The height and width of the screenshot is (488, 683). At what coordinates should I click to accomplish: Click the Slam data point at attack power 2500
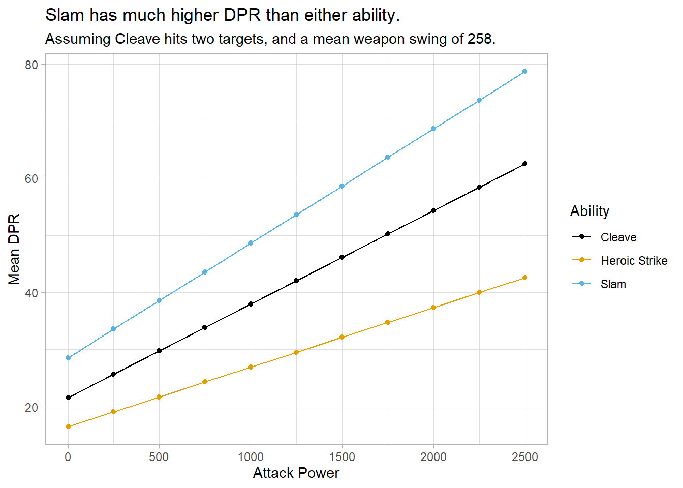[x=524, y=71]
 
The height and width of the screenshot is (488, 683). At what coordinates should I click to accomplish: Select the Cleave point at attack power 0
[x=68, y=398]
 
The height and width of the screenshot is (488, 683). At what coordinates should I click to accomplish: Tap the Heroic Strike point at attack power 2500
[x=524, y=278]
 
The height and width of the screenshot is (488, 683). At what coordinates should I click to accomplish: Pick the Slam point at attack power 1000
[x=251, y=243]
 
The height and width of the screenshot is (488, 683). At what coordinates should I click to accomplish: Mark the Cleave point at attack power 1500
[x=342, y=257]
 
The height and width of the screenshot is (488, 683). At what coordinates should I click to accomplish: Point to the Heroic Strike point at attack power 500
[x=159, y=397]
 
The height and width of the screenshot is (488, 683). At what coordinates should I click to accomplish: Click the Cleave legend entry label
[x=618, y=237]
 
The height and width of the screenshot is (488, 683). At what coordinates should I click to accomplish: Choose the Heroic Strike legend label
[x=634, y=261]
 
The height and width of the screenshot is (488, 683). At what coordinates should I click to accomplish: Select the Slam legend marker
[x=582, y=284]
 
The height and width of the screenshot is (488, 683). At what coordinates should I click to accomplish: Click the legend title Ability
[x=589, y=211]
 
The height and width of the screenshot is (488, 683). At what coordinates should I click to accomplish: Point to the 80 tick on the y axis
[x=32, y=65]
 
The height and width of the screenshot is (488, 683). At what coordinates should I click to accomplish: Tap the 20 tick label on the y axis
[x=32, y=407]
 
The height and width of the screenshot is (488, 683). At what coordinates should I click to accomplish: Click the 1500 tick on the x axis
[x=342, y=456]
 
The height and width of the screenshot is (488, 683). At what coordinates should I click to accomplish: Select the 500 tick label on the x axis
[x=159, y=456]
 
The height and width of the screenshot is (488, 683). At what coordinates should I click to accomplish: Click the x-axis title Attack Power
[x=296, y=473]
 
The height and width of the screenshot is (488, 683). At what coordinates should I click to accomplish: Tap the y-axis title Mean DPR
[x=14, y=249]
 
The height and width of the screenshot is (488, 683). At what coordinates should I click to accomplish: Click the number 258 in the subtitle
[x=479, y=39]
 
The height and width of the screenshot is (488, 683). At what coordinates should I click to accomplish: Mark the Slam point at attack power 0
[x=68, y=358]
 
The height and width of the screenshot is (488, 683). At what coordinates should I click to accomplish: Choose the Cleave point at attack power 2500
[x=524, y=164]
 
